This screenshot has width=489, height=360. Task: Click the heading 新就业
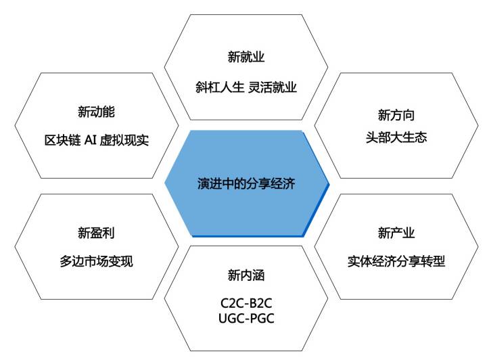246,57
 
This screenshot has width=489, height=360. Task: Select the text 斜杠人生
220,87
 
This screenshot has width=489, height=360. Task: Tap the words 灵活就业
273,87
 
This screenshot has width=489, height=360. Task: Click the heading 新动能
96,112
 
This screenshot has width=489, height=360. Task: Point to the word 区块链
63,140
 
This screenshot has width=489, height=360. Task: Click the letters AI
91,140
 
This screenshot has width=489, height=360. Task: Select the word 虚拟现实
124,140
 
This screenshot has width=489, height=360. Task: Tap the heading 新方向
396,115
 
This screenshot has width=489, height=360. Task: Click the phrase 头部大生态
396,137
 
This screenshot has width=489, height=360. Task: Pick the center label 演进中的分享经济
246,183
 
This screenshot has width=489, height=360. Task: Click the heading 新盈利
96,233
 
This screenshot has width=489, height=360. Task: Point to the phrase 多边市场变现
96,261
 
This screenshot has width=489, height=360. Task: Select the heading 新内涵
246,275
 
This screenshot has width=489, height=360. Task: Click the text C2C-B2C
246,303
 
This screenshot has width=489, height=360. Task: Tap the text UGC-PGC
246,319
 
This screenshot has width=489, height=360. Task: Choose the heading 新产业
396,233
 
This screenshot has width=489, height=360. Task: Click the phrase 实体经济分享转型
396,261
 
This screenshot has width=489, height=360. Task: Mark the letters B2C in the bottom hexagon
260,303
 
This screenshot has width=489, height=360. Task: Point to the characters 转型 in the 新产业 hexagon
433,261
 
